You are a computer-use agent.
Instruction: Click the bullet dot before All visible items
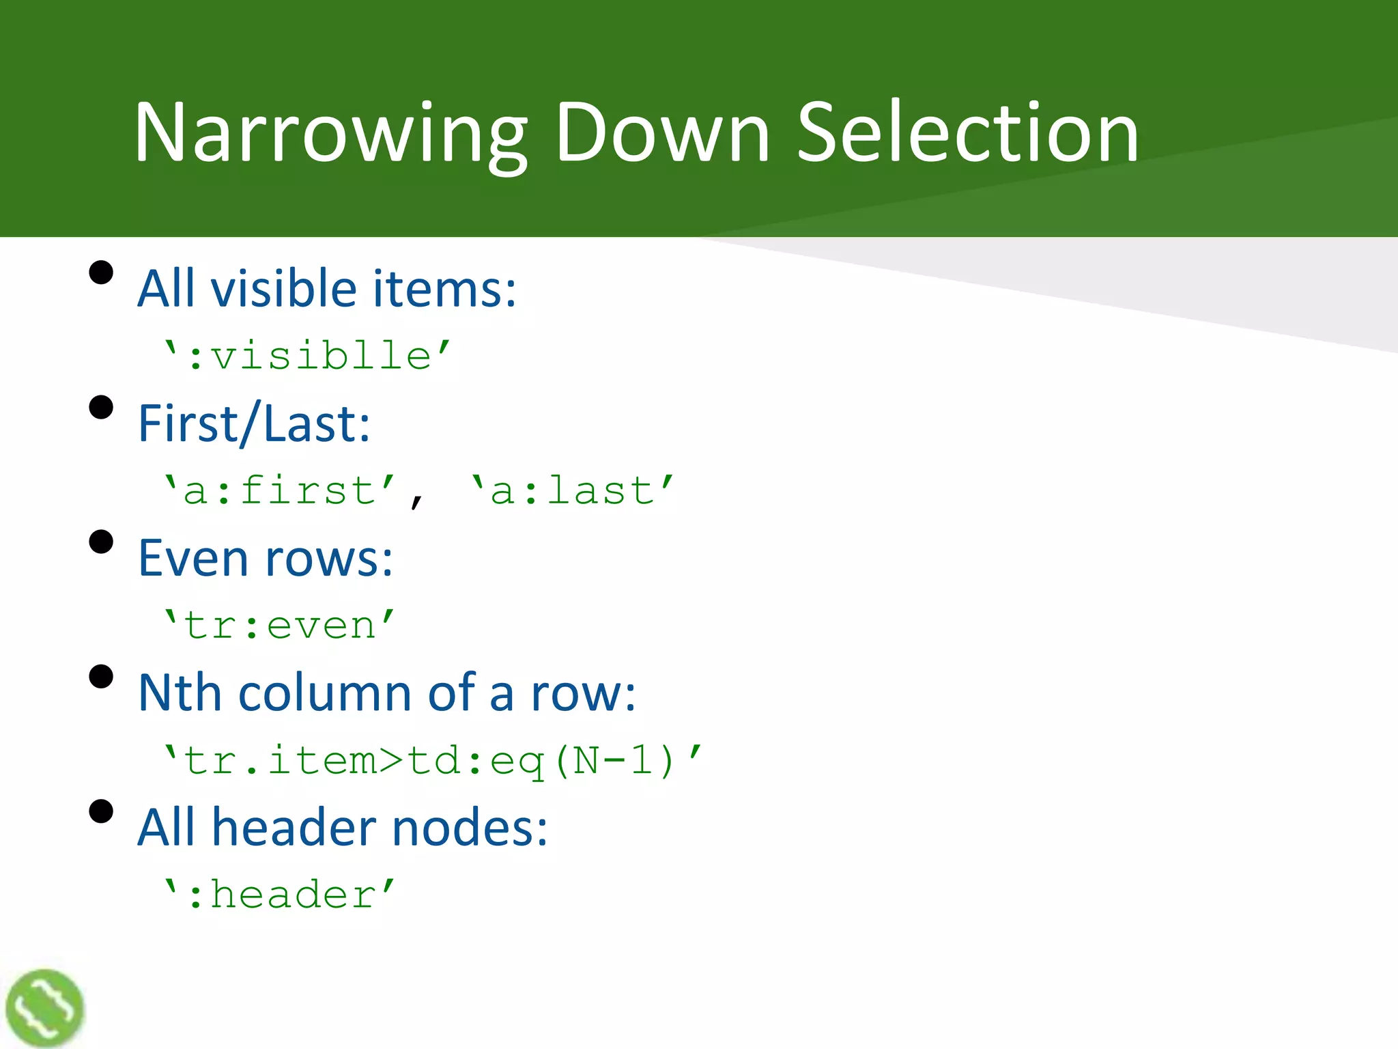point(101,272)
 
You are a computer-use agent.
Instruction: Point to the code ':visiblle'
point(307,356)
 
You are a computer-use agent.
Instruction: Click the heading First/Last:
point(254,423)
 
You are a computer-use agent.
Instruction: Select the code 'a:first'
point(280,490)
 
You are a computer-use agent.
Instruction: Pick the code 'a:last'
point(572,490)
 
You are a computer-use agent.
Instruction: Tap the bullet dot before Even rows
point(101,542)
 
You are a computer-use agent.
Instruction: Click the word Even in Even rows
point(193,558)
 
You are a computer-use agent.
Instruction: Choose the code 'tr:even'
point(280,625)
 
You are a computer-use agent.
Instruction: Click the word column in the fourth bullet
point(324,693)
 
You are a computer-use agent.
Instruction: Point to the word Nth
point(180,693)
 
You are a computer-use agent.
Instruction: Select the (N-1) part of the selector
point(614,760)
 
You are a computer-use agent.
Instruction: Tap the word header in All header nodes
point(294,827)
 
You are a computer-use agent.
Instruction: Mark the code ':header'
point(280,894)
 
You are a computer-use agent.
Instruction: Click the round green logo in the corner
point(44,1008)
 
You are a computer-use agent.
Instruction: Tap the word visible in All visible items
point(284,288)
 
